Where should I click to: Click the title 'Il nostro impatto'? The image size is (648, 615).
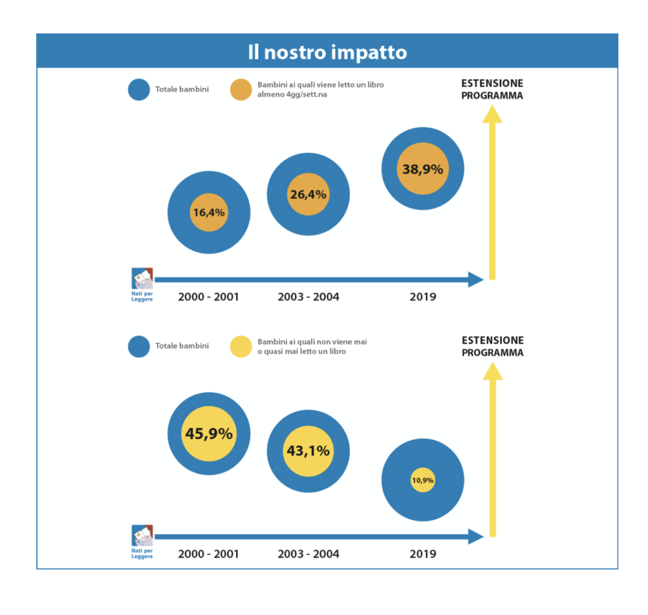point(327,53)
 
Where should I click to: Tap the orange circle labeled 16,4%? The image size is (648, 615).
point(209,213)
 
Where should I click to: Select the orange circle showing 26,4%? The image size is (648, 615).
point(308,194)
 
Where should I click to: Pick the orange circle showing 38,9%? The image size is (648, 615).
point(423,169)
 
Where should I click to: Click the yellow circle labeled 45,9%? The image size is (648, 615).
point(209,433)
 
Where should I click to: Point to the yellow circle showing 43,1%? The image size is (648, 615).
point(308,451)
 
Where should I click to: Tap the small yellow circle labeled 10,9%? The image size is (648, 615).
point(423,480)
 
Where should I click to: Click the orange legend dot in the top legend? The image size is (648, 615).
point(241,89)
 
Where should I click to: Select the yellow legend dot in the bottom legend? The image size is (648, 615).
point(241,346)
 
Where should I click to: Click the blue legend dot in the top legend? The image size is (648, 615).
point(139,89)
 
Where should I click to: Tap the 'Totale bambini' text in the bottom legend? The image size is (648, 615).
point(182,346)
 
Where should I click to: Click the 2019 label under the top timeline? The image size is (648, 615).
point(423,297)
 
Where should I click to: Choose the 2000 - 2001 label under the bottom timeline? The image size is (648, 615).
point(209,554)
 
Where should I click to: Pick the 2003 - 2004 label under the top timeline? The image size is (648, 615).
point(308,297)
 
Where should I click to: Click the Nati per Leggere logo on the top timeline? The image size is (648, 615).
point(142,285)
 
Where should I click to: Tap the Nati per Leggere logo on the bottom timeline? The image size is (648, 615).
point(142,542)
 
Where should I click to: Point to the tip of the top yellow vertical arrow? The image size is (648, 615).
point(492,106)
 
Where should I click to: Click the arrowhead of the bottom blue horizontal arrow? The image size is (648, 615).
point(476,537)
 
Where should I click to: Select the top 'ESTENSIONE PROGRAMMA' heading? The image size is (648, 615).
point(492,89)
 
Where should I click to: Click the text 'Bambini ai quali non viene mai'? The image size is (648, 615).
point(312,342)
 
